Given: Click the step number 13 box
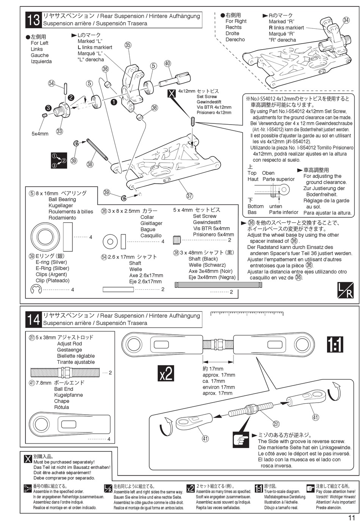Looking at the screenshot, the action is tap(34, 20).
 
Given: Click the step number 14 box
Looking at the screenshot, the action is tap(34, 319).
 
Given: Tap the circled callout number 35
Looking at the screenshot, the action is tap(128, 45).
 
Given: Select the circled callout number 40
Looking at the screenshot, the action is tap(167, 63).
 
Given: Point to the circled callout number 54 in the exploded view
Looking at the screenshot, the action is tap(52, 83).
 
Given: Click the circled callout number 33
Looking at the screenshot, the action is tap(59, 131).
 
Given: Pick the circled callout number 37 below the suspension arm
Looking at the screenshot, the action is tap(189, 196).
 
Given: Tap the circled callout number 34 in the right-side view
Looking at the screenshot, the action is tap(346, 20).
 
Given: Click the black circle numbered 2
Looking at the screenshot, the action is tap(71, 97).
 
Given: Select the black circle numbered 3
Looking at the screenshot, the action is tap(48, 108).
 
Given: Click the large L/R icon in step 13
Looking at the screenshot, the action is tap(345, 290).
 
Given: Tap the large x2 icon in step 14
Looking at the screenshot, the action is tap(166, 373).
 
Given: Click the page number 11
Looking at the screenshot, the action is tap(351, 518).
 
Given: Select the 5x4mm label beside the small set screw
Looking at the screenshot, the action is tap(40, 134).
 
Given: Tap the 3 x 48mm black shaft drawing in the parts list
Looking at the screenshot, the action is tap(218, 285).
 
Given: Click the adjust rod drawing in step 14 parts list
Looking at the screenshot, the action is tap(66, 373).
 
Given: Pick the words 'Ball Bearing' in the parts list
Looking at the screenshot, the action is tap(62, 200).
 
